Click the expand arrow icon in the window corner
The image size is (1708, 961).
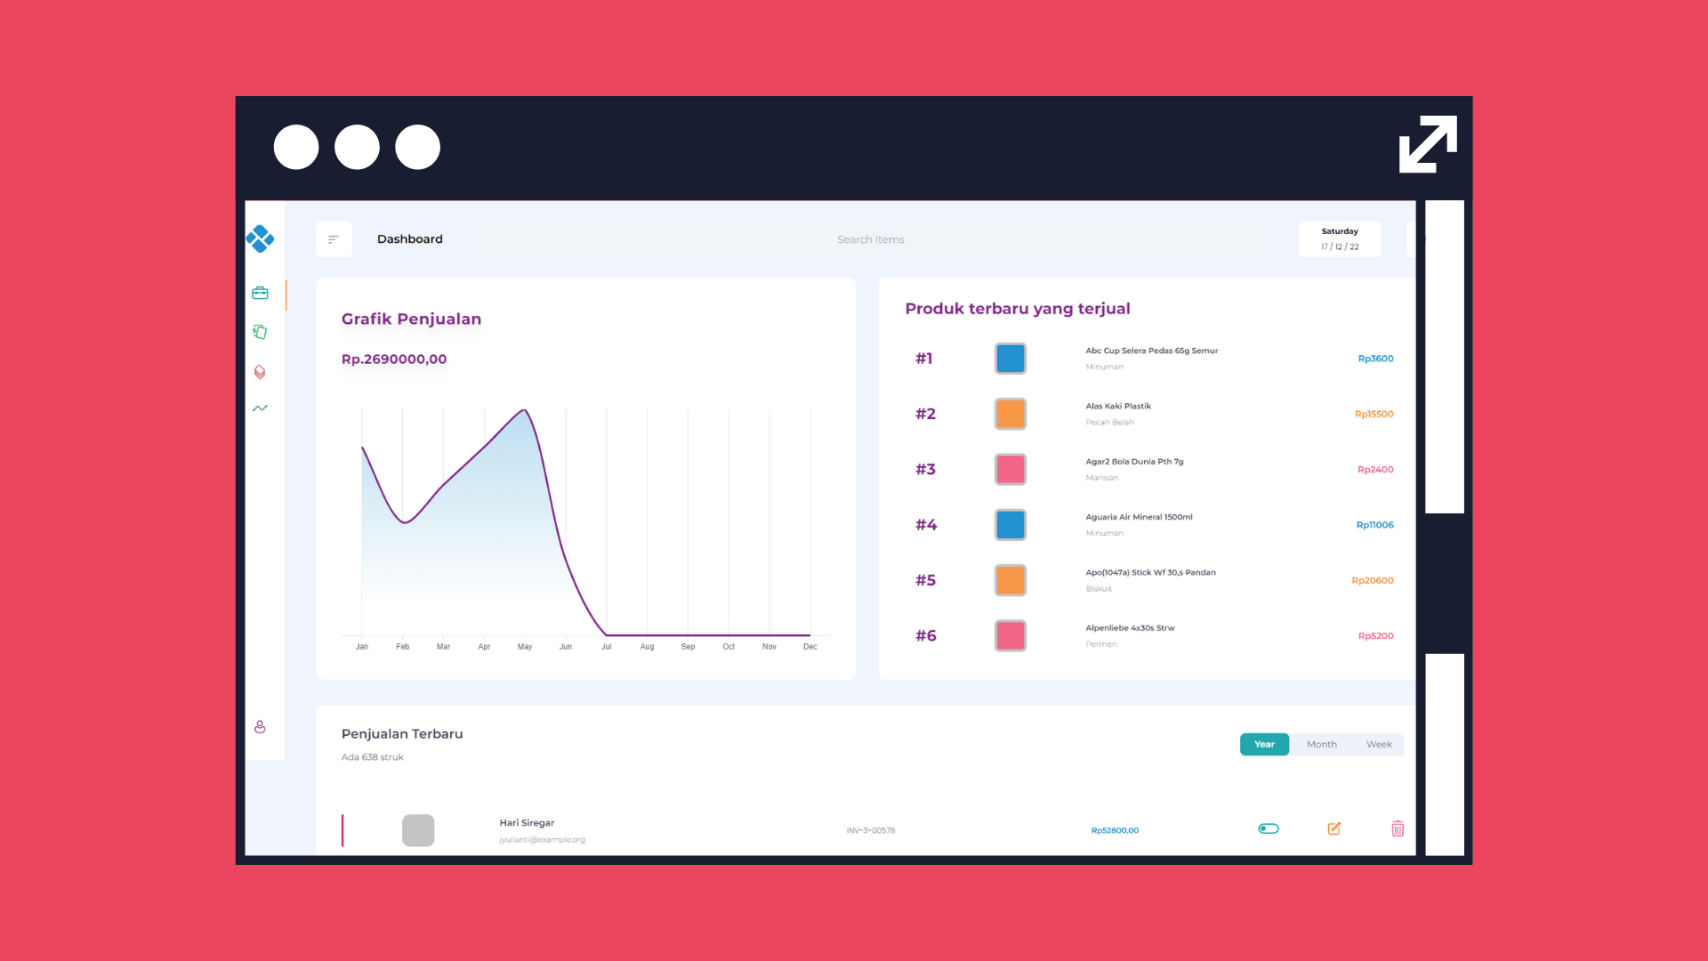[x=1428, y=144]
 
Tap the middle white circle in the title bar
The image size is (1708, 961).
[x=357, y=147]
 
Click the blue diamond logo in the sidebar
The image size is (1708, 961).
[x=260, y=238]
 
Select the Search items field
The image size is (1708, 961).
[x=870, y=239]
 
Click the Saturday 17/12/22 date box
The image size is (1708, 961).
[x=1340, y=239]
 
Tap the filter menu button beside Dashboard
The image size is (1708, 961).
[x=334, y=239]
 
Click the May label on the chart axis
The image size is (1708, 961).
[x=525, y=647]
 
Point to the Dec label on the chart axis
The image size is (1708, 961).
[x=810, y=647]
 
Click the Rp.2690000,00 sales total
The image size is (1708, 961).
[x=394, y=359]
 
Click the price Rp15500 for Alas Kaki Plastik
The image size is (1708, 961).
[x=1374, y=414]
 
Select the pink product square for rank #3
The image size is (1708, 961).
[x=1011, y=469]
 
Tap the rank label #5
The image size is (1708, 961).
[x=925, y=580]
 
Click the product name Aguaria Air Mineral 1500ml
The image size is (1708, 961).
[x=1139, y=517]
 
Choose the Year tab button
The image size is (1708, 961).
[x=1264, y=744]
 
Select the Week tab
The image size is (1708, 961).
[x=1379, y=744]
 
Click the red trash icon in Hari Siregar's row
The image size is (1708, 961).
[x=1398, y=828]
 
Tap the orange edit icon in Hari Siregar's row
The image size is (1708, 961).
[x=1333, y=828]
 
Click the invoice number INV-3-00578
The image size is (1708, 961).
[x=871, y=830]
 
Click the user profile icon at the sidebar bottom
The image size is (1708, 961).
[x=260, y=727]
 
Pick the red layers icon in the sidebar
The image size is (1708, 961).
[x=260, y=372]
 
